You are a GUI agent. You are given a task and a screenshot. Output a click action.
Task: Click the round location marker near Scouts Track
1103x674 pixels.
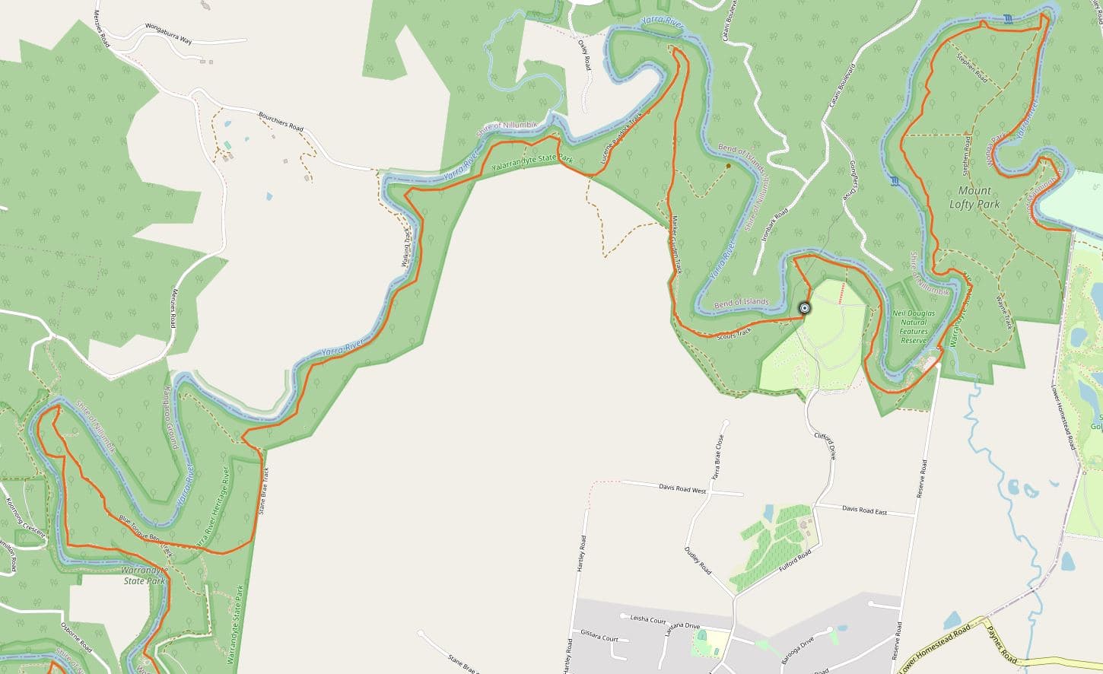804,308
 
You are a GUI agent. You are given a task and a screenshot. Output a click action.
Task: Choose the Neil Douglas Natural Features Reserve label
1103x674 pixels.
913,326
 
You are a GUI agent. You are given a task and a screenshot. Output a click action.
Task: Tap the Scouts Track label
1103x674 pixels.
734,332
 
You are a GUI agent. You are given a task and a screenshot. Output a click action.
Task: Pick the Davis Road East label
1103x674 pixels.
864,510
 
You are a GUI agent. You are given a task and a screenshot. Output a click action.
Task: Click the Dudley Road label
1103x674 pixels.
698,559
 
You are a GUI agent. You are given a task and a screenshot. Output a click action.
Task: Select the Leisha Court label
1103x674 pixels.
647,619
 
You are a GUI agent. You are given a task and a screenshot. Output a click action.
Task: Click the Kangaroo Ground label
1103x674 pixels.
170,418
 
